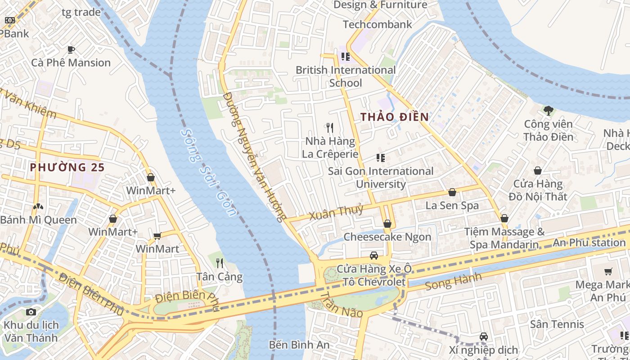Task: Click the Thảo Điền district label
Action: coord(394,117)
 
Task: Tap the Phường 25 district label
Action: coord(67,167)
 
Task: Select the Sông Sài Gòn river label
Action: coord(208,172)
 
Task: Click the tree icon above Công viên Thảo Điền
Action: coord(548,110)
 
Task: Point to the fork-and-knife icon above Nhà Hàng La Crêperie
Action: coord(330,128)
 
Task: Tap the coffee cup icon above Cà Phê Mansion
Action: coord(71,49)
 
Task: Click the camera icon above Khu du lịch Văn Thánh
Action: coord(31,312)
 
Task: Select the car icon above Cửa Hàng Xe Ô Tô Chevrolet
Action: coord(373,256)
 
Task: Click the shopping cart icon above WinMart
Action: coord(157,236)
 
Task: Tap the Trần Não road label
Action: coord(341,304)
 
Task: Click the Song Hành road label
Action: coord(453,281)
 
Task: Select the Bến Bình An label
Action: coord(299,345)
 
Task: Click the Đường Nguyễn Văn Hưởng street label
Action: coord(255,157)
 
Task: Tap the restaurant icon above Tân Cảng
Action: coord(219,263)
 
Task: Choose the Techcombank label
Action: coord(377,24)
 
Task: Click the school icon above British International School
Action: coord(345,57)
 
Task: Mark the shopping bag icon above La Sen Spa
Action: coord(452,192)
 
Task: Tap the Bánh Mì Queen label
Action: coord(38,220)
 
